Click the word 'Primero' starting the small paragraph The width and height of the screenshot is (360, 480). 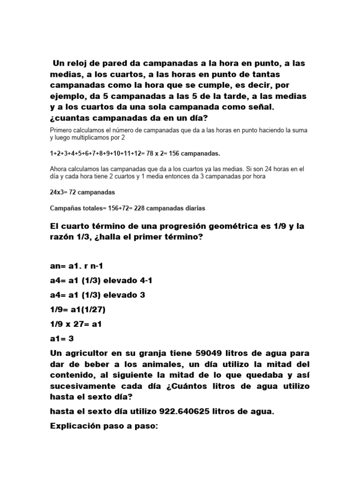pos(61,130)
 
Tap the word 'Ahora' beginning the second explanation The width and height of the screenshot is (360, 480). pos(59,169)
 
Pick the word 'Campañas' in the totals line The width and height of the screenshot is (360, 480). pos(64,208)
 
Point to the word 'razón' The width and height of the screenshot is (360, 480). pos(62,237)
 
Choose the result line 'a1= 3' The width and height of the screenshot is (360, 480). pos(62,338)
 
